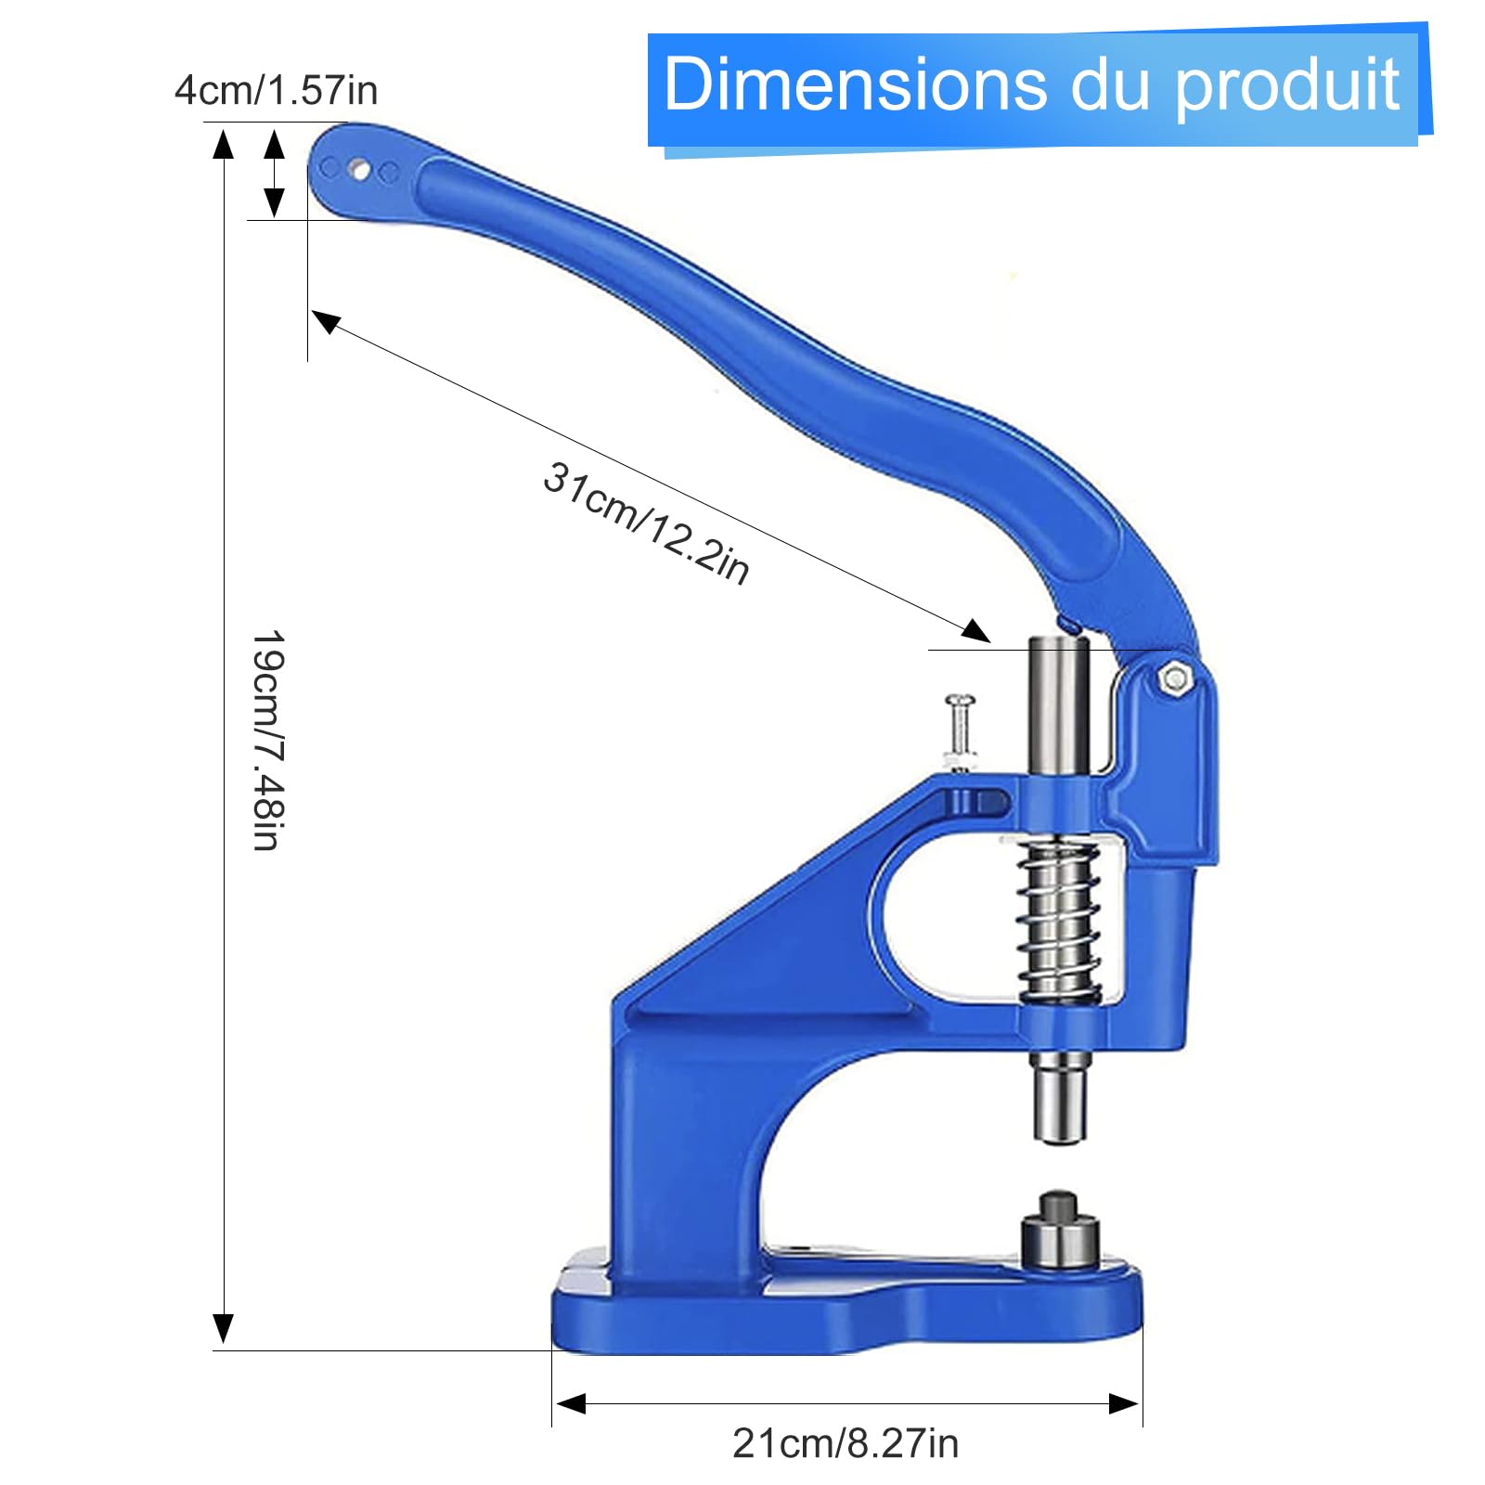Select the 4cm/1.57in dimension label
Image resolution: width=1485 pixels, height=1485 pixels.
click(x=276, y=91)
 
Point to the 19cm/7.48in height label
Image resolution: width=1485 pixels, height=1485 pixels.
click(x=268, y=740)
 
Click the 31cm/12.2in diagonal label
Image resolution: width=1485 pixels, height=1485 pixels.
click(x=646, y=523)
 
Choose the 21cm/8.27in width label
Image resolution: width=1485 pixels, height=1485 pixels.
click(x=846, y=1443)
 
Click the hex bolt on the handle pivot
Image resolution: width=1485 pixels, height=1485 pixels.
click(x=1174, y=678)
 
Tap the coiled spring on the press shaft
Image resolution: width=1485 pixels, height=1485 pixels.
click(x=1059, y=922)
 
